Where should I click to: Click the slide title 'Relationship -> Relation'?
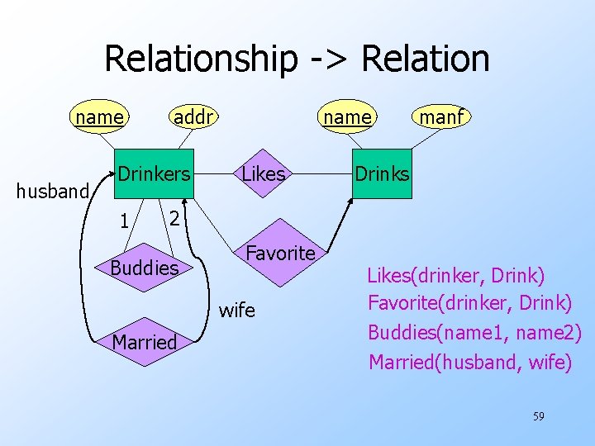point(297,59)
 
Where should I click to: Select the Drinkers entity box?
point(153,174)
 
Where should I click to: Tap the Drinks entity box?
point(382,174)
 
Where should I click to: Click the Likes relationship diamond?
point(264,174)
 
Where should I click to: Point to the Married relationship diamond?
point(144,341)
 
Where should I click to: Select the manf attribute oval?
point(441,117)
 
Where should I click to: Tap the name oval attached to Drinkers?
point(99,117)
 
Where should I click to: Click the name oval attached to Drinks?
point(347,117)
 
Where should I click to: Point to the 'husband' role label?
point(51,192)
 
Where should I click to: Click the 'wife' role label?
point(237,311)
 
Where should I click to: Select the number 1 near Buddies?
point(122,221)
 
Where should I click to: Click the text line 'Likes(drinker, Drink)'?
point(456,274)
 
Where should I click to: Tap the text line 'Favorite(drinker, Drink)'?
point(469,303)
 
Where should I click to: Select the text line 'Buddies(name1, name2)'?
point(474,332)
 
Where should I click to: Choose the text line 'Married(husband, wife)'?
point(469,362)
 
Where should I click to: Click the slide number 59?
point(538,416)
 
